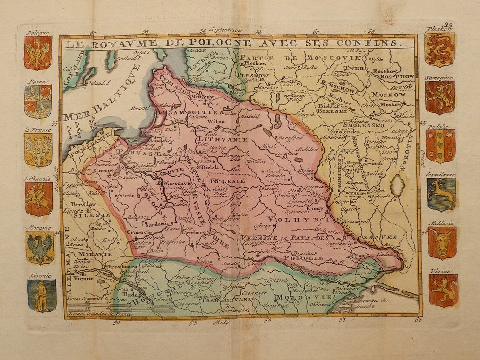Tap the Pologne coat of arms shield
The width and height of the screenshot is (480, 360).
(x=38, y=52)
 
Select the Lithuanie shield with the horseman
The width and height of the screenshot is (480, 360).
(x=39, y=198)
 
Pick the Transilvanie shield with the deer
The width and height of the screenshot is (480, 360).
(x=441, y=194)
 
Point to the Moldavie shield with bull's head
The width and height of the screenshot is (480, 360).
(x=442, y=242)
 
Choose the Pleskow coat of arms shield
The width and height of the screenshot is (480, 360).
(x=439, y=49)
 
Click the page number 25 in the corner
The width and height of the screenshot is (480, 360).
(x=448, y=25)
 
